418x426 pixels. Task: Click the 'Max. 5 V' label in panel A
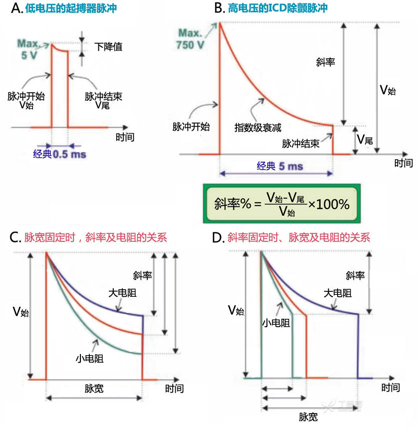(27, 49)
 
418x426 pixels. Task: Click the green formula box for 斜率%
(282, 204)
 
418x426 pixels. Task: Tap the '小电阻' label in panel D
(276, 323)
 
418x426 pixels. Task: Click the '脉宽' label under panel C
(94, 389)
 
